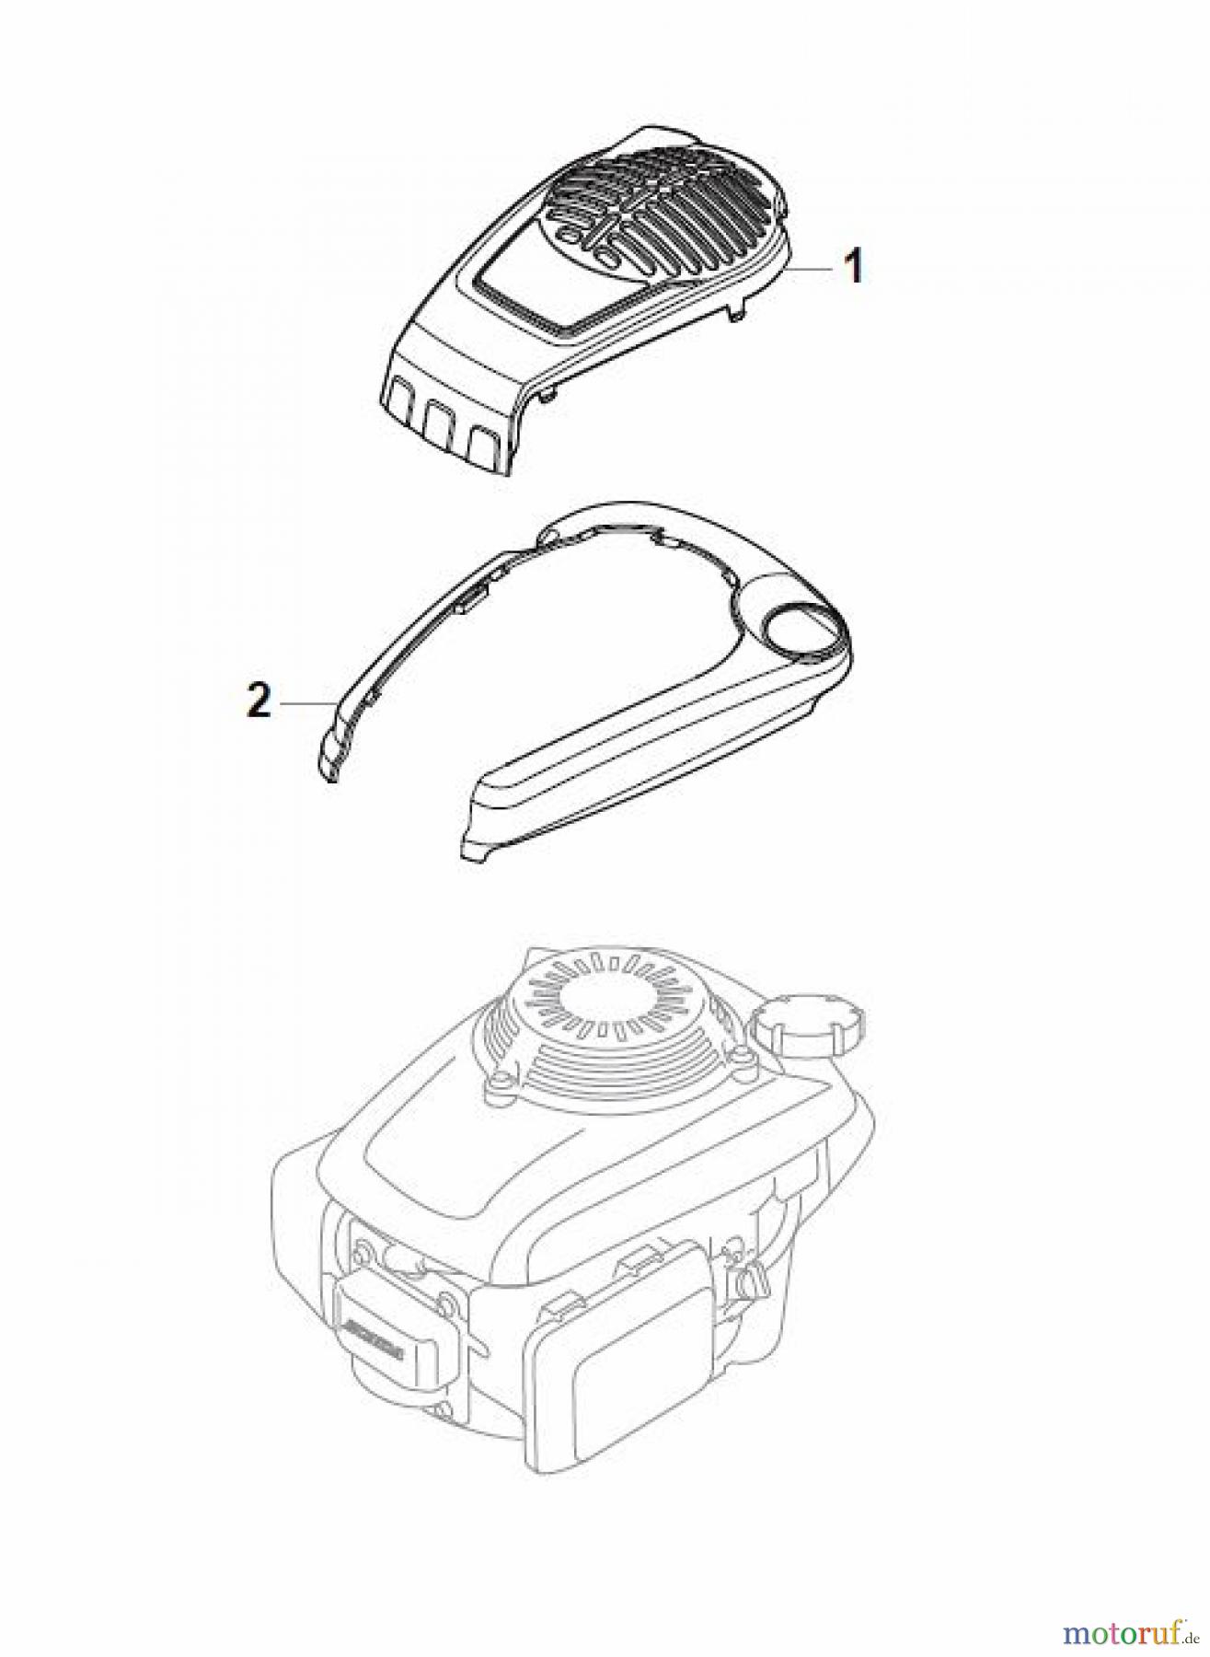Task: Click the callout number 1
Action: click(x=854, y=268)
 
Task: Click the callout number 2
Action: click(x=259, y=704)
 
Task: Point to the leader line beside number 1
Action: click(x=814, y=268)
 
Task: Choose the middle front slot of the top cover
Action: click(x=441, y=425)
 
